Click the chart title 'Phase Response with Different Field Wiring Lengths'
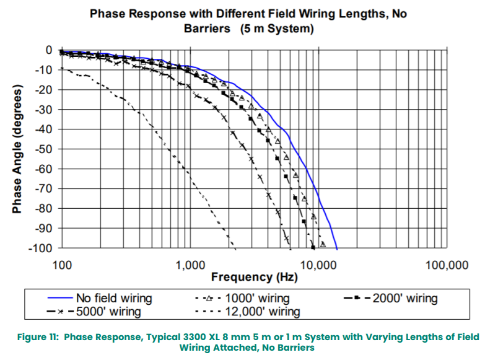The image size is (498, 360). pyautogui.click(x=248, y=13)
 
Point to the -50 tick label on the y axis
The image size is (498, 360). pyautogui.click(x=44, y=149)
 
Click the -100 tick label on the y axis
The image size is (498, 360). pyautogui.click(x=41, y=248)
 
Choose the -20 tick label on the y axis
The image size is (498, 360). pyautogui.click(x=44, y=89)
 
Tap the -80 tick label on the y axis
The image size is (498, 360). pyautogui.click(x=44, y=208)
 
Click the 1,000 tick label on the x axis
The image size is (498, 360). pyautogui.click(x=188, y=265)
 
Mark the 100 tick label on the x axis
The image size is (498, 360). pyautogui.click(x=61, y=265)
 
